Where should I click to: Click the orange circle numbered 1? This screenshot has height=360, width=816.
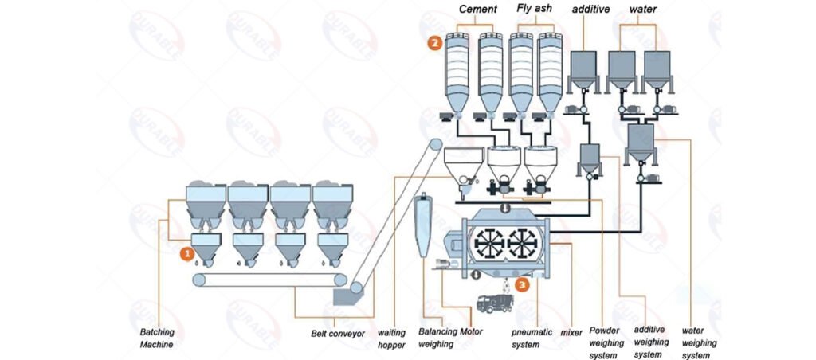click(186, 254)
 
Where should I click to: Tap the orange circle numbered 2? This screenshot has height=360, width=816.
click(434, 44)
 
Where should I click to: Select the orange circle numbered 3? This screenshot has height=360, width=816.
click(521, 283)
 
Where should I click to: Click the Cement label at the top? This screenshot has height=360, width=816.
click(477, 10)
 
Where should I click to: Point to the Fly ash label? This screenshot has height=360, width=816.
click(535, 10)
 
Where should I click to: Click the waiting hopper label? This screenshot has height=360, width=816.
click(390, 338)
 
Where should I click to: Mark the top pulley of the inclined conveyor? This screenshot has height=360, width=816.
click(435, 146)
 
